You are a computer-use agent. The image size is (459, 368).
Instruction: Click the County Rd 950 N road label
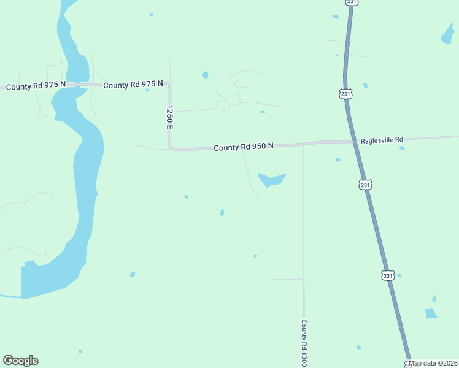click(244, 147)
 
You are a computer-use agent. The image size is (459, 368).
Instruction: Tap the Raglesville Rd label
click(382, 140)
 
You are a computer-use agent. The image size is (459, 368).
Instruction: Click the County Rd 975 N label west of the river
click(35, 87)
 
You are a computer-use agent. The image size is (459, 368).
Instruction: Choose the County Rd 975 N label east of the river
click(133, 85)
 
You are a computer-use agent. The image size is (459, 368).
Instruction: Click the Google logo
click(20, 361)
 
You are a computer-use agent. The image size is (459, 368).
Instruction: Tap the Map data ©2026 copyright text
click(433, 363)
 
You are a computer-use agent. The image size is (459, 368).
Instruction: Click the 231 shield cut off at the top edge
click(351, 2)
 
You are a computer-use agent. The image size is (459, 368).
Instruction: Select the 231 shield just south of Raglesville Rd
click(365, 185)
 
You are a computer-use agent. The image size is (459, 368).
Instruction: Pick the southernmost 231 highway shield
click(387, 275)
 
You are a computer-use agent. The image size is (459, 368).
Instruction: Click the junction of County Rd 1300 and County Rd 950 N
click(303, 145)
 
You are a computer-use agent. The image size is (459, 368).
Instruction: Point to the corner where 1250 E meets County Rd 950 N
click(171, 147)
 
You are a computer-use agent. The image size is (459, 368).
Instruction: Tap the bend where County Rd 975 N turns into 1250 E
click(168, 85)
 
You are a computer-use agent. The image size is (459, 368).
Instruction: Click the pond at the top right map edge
click(448, 35)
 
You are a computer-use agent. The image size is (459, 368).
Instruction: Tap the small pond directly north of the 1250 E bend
click(205, 75)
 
